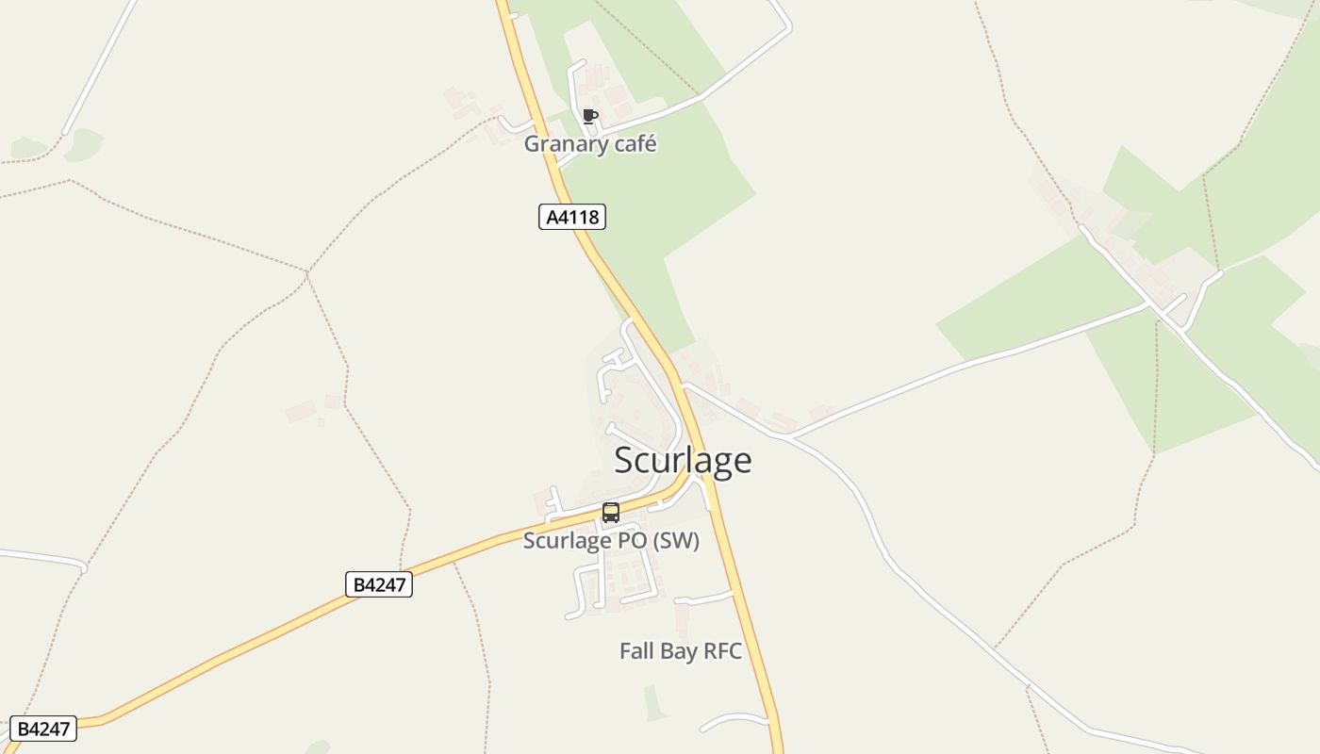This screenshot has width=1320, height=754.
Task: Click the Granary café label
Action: click(590, 144)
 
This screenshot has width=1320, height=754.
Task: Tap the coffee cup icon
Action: click(590, 117)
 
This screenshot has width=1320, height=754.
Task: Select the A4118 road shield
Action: click(572, 217)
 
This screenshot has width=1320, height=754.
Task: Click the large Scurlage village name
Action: click(683, 460)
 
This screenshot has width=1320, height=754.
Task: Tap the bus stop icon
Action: click(611, 513)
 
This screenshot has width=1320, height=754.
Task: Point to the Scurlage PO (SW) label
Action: click(611, 541)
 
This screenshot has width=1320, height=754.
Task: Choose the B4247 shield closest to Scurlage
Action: click(379, 584)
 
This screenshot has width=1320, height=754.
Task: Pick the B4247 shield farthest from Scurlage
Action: click(44, 729)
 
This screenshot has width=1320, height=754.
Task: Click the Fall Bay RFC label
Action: click(680, 651)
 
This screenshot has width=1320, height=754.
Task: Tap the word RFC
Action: click(722, 651)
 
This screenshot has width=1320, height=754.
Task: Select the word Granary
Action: click(563, 144)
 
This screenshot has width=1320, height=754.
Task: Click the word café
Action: click(632, 144)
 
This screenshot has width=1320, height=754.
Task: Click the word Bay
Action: click(678, 651)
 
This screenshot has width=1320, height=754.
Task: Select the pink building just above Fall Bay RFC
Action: click(682, 617)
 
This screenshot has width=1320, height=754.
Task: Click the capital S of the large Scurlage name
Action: click(625, 461)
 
